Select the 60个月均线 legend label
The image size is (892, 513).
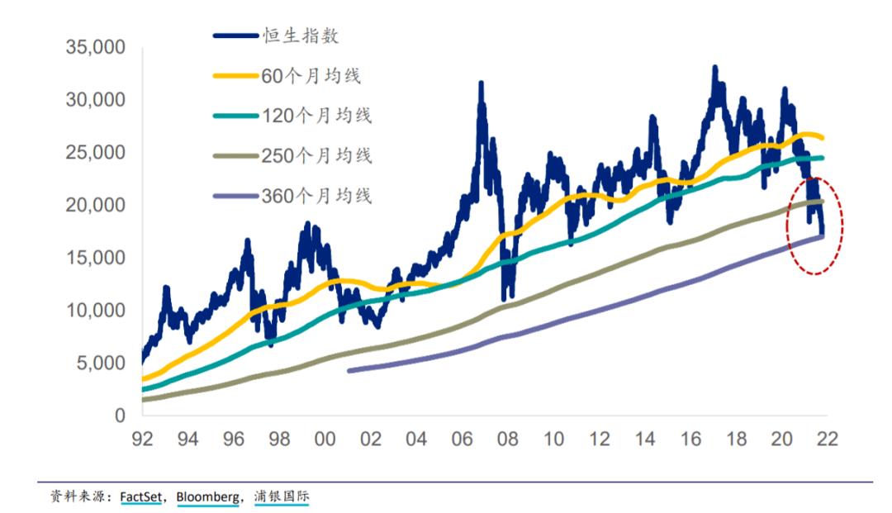click(311, 76)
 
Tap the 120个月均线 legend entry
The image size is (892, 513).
click(316, 116)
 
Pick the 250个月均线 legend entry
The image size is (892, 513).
click(316, 155)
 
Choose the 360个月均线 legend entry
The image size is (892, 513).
click(316, 196)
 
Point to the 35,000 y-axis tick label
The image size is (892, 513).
click(95, 48)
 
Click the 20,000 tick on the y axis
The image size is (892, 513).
click(95, 205)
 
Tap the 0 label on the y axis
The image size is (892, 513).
click(120, 415)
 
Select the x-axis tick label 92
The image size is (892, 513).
click(143, 439)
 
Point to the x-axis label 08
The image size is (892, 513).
click(507, 439)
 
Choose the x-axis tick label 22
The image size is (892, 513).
click(827, 439)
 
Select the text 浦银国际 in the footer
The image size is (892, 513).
click(283, 496)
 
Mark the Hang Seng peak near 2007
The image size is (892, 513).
click(481, 83)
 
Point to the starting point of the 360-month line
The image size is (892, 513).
click(349, 371)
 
